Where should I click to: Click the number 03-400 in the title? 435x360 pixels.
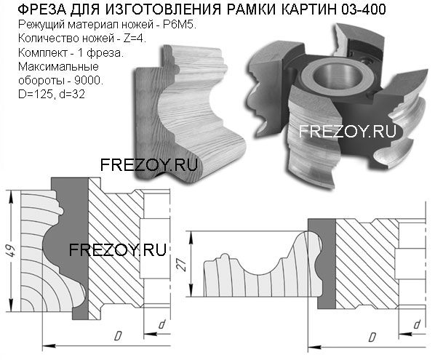[364, 9]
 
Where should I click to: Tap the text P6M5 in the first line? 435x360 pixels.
[179, 25]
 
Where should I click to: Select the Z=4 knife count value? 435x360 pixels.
[135, 39]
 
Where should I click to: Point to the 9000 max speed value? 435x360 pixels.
[89, 80]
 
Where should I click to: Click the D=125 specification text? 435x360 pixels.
[36, 95]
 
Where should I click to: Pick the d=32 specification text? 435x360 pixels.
[71, 95]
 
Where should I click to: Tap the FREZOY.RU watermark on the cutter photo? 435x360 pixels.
[347, 131]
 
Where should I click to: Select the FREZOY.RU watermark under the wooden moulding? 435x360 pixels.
[148, 165]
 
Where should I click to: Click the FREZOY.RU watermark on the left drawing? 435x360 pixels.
[118, 249]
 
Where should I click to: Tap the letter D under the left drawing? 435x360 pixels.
[118, 335]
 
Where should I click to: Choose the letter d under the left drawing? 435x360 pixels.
[161, 324]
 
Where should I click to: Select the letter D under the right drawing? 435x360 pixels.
[372, 337]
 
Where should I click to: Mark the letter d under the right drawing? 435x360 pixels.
[417, 324]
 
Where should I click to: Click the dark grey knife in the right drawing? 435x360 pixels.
[327, 263]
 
